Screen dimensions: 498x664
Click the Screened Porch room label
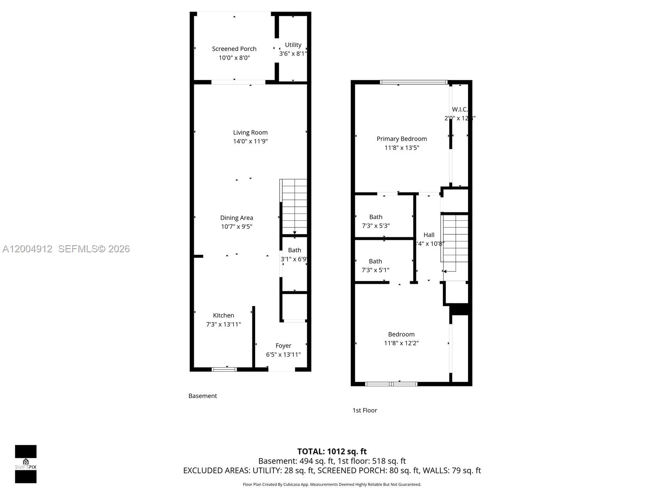[234, 49]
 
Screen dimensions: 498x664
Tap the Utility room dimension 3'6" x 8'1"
[293, 54]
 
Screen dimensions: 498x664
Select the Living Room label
[250, 132]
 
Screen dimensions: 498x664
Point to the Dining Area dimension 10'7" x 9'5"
[237, 227]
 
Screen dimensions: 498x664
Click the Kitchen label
[223, 315]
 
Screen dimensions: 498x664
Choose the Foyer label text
[283, 346]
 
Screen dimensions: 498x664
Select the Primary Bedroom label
[402, 139]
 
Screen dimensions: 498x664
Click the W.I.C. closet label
[460, 109]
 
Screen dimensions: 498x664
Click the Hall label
[429, 235]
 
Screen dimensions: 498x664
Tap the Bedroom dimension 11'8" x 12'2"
[401, 343]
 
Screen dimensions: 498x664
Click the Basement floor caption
[203, 396]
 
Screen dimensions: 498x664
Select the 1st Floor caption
[365, 410]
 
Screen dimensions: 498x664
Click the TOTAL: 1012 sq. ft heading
[332, 452]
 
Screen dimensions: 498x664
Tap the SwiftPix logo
[26, 464]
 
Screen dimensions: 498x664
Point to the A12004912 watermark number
[27, 249]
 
